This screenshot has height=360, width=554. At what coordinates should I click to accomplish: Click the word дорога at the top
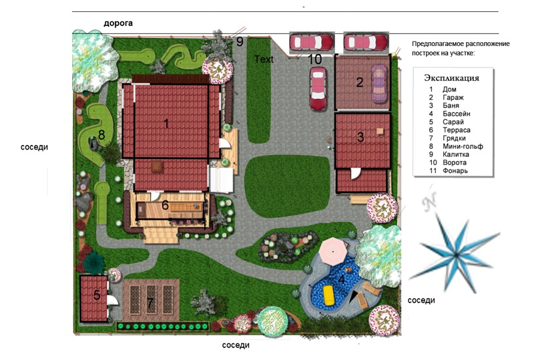pyautogui.click(x=118, y=23)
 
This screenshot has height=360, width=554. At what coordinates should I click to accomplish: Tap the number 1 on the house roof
pyautogui.click(x=166, y=124)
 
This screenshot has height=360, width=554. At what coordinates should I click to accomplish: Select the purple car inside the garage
pyautogui.click(x=378, y=83)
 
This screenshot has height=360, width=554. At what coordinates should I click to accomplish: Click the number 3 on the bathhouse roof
pyautogui.click(x=360, y=137)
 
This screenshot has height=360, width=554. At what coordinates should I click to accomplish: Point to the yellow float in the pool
pyautogui.click(x=329, y=296)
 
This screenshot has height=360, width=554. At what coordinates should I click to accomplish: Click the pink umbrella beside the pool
pyautogui.click(x=334, y=251)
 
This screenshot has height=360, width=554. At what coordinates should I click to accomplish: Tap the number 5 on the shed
pyautogui.click(x=97, y=295)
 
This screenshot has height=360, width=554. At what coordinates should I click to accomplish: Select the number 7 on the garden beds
pyautogui.click(x=150, y=303)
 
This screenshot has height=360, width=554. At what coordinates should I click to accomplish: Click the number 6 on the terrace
pyautogui.click(x=165, y=205)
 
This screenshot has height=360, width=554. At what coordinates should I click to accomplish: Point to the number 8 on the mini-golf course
pyautogui.click(x=101, y=135)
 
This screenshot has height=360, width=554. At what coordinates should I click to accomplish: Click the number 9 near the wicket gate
pyautogui.click(x=240, y=41)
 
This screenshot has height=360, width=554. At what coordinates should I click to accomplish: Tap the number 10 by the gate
pyautogui.click(x=315, y=59)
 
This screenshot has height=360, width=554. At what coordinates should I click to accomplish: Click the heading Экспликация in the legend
pyautogui.click(x=451, y=78)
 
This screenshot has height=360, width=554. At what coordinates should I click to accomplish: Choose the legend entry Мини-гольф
pyautogui.click(x=463, y=146)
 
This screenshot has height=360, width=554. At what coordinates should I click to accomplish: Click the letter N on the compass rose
pyautogui.click(x=429, y=202)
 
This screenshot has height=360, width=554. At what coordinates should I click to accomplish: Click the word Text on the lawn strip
pyautogui.click(x=264, y=59)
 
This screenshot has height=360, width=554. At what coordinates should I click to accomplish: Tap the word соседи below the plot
pyautogui.click(x=236, y=345)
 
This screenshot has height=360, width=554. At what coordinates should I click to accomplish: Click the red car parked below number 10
pyautogui.click(x=318, y=88)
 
